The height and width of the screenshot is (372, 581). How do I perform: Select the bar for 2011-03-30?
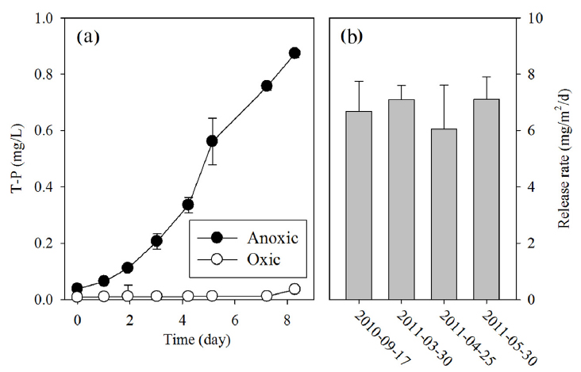(403, 199)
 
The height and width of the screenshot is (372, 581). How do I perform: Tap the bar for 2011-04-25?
(446, 213)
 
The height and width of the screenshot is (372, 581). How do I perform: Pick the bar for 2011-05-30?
(488, 199)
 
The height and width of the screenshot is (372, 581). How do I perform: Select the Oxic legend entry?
(246, 261)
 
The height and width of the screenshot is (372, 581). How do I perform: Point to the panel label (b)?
(353, 36)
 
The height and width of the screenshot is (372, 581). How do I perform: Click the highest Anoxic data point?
(294, 53)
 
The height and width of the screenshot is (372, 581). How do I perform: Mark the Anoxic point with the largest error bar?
(212, 141)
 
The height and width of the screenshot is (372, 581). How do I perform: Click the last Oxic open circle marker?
(294, 289)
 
